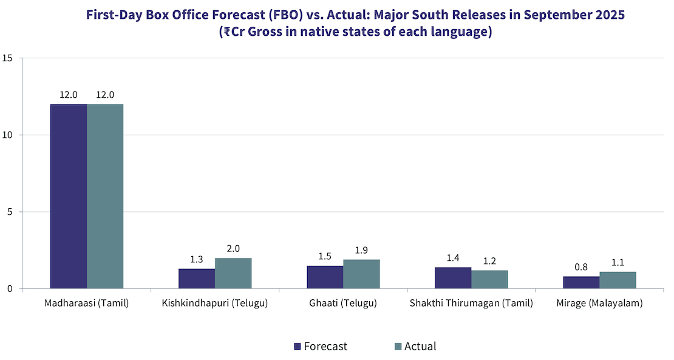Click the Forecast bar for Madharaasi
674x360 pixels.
tap(69, 196)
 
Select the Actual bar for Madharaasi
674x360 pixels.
tap(105, 196)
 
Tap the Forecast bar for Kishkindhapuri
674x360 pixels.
tap(197, 279)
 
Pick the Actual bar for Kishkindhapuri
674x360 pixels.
tap(233, 273)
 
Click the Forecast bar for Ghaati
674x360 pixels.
tap(325, 277)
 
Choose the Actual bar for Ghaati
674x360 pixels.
tap(361, 274)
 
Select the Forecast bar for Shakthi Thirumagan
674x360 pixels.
tap(453, 278)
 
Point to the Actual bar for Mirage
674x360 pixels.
tap(618, 280)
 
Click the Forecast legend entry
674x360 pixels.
tap(320, 347)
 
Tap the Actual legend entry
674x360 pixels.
tap(415, 347)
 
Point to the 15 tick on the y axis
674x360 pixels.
tap(7, 58)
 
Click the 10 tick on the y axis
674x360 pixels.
tap(7, 135)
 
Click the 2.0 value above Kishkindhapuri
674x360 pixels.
tap(233, 249)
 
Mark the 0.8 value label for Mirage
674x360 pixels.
tap(581, 267)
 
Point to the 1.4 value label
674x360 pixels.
tap(453, 258)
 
